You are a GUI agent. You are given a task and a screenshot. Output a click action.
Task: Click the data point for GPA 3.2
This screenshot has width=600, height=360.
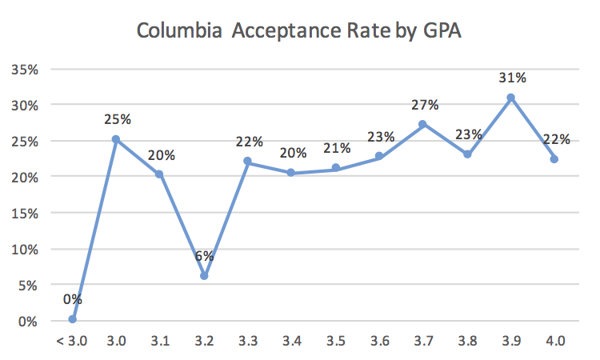click(x=204, y=275)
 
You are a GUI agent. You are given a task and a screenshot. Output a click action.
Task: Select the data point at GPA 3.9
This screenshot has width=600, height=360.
click(x=510, y=98)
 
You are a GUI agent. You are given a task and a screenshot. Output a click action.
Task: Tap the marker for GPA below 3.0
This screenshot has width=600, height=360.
click(x=72, y=318)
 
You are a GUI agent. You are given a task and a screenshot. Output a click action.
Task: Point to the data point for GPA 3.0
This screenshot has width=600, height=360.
click(x=116, y=139)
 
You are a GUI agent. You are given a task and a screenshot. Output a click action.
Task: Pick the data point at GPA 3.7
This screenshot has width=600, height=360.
click(x=422, y=124)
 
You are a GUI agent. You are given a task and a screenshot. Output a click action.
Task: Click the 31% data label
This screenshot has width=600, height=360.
click(x=512, y=78)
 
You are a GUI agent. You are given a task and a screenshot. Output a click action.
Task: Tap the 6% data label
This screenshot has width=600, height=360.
click(x=204, y=256)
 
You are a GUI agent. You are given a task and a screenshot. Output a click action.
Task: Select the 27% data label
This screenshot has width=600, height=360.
click(x=423, y=105)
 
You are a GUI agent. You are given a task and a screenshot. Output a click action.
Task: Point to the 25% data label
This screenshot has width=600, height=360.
click(x=117, y=119)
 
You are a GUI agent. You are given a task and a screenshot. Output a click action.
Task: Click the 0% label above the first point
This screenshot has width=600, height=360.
click(x=72, y=299)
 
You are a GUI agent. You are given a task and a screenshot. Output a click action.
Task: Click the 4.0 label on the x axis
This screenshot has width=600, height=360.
click(x=554, y=341)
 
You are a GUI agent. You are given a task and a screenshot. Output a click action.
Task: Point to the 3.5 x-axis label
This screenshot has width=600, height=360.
click(x=335, y=341)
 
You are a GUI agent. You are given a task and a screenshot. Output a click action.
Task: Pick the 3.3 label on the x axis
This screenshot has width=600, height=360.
click(x=247, y=341)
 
